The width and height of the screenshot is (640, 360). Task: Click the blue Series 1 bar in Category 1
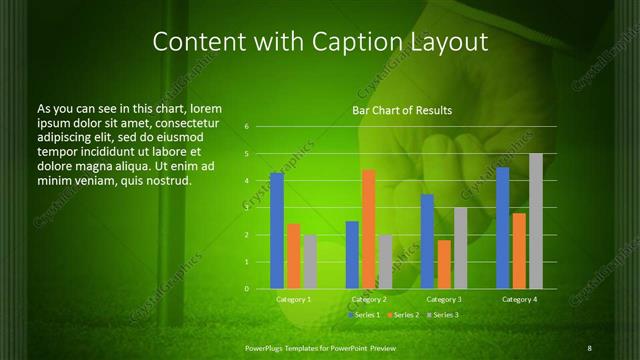tap(277, 231)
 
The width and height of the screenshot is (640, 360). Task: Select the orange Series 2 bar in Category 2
tap(368, 229)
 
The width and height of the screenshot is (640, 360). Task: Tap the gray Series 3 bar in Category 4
tap(536, 221)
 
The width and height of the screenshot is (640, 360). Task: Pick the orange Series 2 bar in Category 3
tap(444, 264)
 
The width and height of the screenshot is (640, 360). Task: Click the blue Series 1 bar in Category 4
tap(503, 228)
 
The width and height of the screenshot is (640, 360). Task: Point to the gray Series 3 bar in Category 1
tap(310, 262)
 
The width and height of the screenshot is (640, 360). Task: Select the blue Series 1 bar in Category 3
tap(427, 241)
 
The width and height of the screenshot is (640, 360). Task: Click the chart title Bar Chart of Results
tap(402, 110)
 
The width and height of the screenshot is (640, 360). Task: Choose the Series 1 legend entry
tap(364, 315)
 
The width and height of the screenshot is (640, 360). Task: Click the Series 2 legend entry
tap(402, 315)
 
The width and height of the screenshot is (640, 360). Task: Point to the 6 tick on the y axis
tap(246, 128)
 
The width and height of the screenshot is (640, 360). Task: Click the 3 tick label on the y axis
tap(246, 208)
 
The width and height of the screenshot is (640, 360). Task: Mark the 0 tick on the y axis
tap(246, 289)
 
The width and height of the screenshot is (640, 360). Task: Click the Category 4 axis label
tap(519, 299)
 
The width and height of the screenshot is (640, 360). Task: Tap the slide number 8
tap(589, 347)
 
